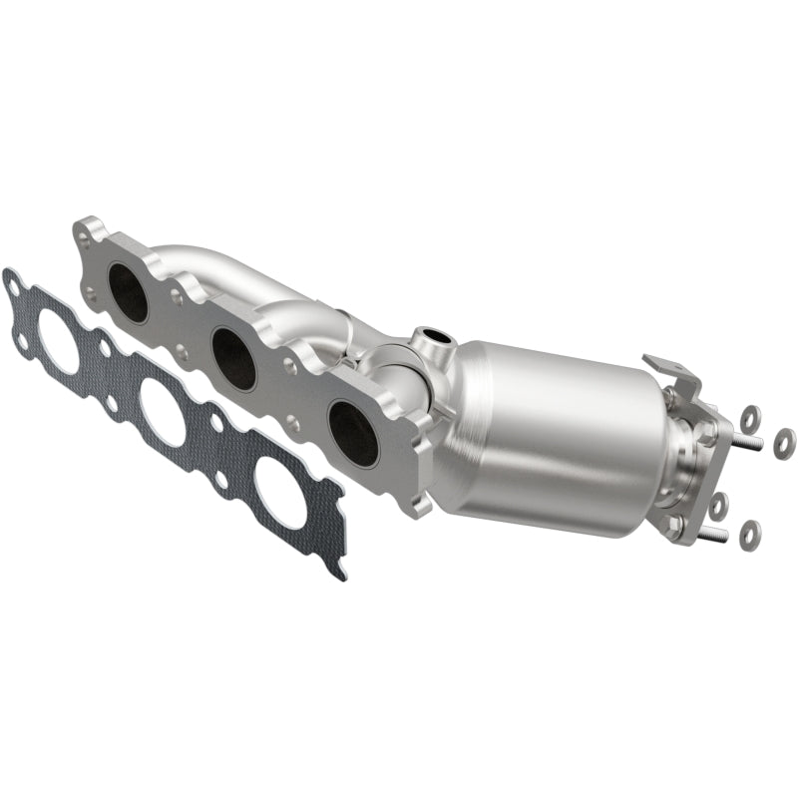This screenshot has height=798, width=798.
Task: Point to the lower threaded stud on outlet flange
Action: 709,536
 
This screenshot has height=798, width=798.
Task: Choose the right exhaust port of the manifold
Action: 353,433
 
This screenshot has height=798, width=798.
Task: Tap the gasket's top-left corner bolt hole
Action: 13,288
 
